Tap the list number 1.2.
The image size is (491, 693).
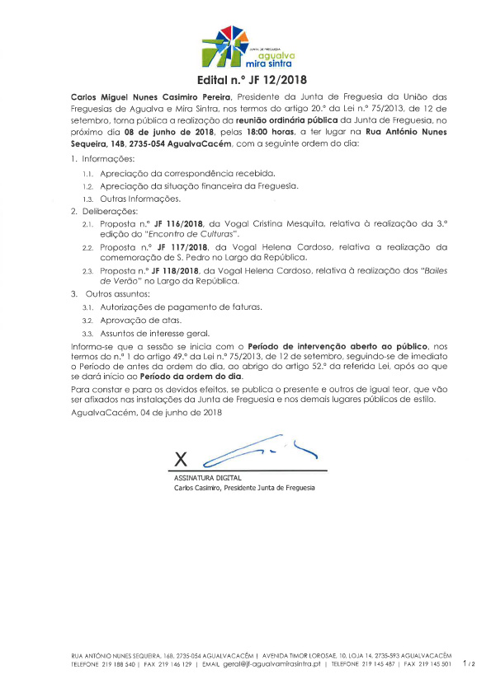click(x=87, y=188)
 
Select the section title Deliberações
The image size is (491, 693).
click(x=113, y=212)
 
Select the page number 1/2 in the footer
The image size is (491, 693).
click(x=470, y=663)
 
